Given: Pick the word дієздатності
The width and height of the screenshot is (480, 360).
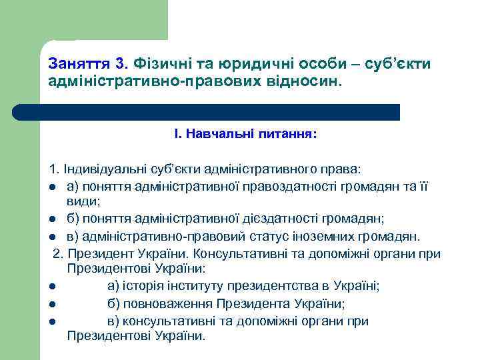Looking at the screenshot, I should pyautogui.click(x=287, y=217).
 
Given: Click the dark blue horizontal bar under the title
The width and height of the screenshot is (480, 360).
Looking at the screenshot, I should pyautogui.click(x=207, y=112).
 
